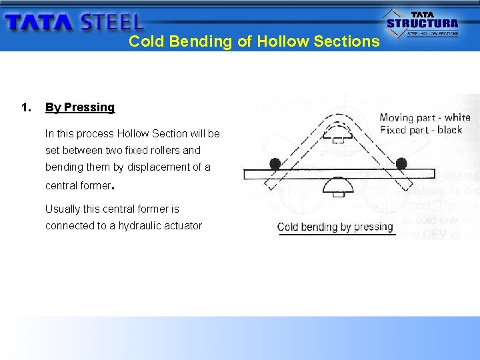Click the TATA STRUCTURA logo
click(423, 23)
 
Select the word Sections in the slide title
click(347, 41)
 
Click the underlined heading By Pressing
click(80, 107)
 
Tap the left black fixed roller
click(275, 163)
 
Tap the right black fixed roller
click(401, 163)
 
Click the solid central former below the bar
click(338, 185)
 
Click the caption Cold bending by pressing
click(335, 227)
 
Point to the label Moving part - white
click(425, 118)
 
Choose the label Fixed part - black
click(421, 130)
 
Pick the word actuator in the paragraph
click(181, 226)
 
